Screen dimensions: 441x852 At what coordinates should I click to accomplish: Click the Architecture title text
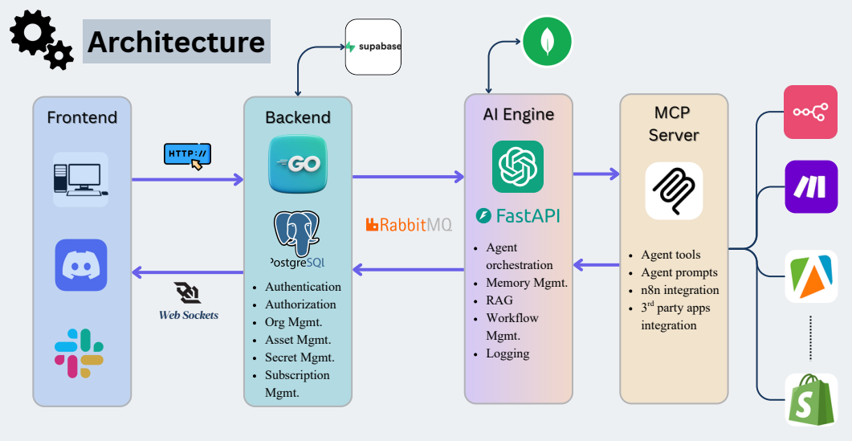click(176, 42)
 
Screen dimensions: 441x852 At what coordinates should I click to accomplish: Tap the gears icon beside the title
click(41, 39)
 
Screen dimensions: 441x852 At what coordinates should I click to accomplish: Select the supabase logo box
click(373, 47)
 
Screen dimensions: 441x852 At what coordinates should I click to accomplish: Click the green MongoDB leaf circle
click(547, 41)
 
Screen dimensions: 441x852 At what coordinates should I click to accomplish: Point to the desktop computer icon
click(80, 179)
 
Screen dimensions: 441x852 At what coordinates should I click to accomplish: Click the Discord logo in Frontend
click(80, 265)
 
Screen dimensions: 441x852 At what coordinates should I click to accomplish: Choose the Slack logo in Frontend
click(79, 353)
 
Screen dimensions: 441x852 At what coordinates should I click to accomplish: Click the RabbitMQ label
click(408, 225)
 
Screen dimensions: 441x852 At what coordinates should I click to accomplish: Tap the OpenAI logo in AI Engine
click(517, 167)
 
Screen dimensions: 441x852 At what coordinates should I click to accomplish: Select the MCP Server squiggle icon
click(674, 190)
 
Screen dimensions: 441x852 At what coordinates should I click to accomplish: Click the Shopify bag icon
click(810, 399)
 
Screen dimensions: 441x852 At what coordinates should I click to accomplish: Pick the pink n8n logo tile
click(810, 112)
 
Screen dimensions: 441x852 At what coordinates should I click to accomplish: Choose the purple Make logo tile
click(810, 186)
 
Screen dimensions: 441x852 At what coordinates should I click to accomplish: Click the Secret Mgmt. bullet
click(300, 357)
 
